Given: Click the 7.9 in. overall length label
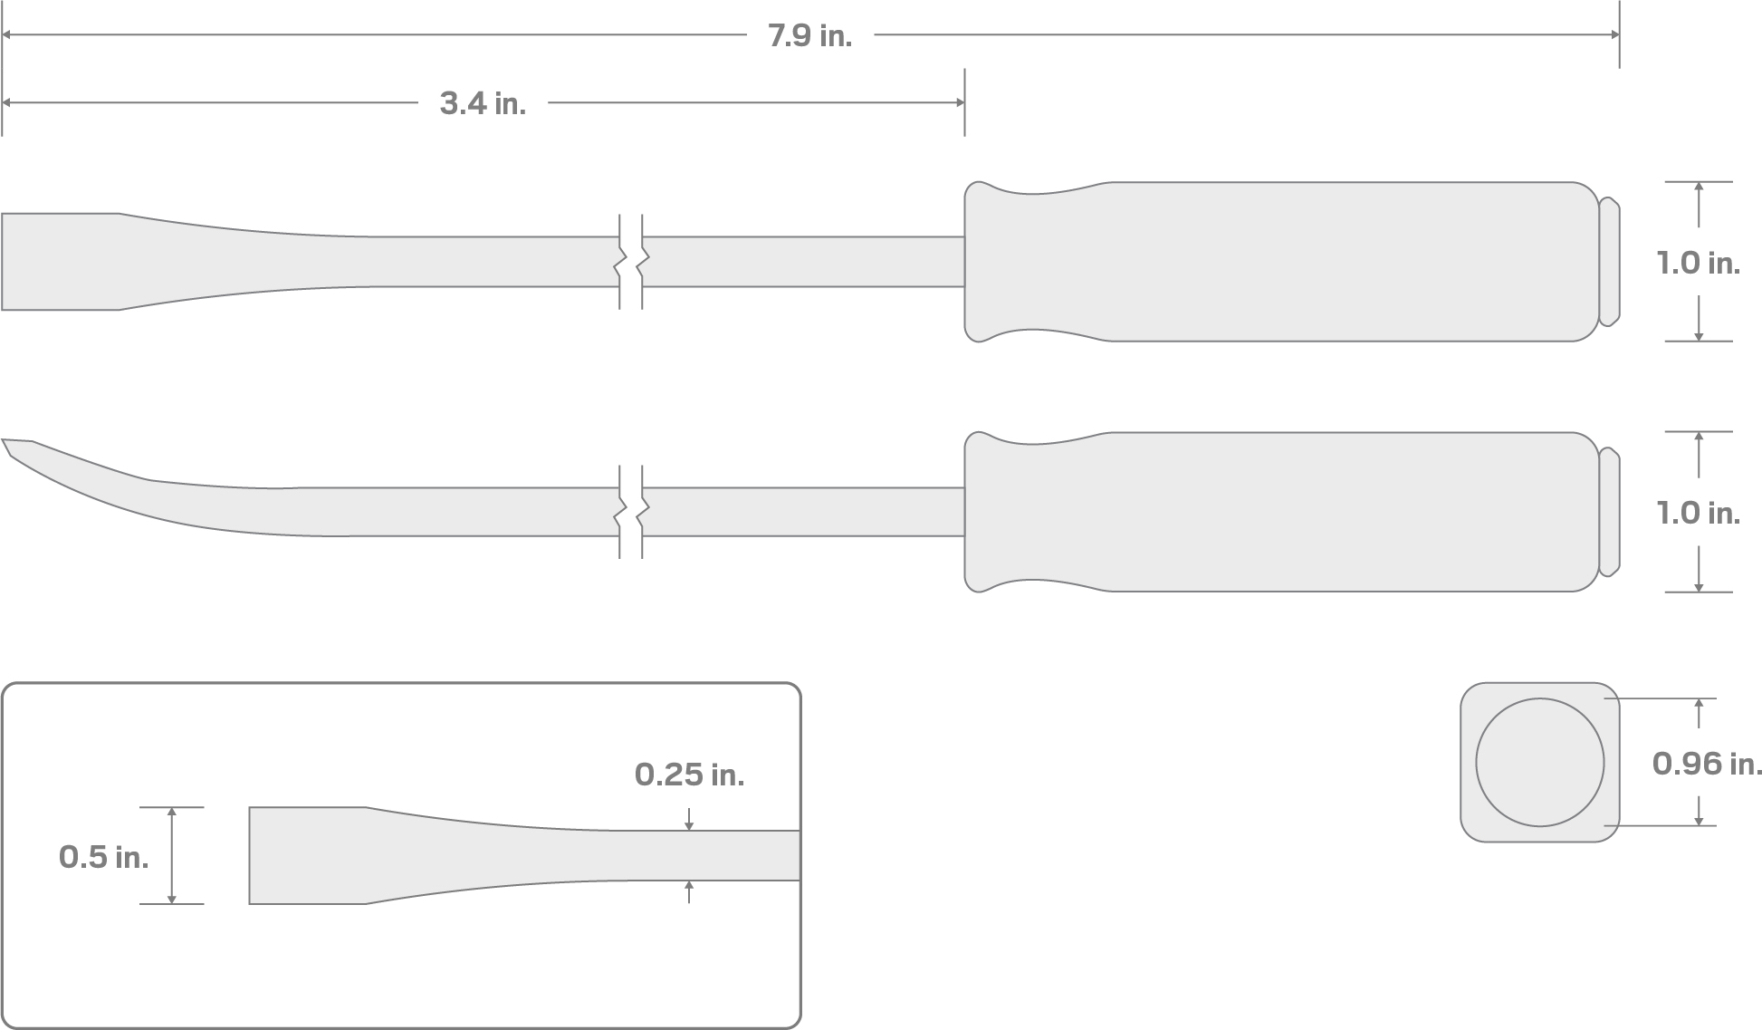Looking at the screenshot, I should point(809,36).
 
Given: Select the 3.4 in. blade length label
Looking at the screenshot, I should point(483,104).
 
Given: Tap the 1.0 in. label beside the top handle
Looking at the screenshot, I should point(1698,264).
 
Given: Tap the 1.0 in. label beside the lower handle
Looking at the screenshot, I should point(1698,514).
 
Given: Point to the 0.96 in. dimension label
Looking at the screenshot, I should point(1707,764).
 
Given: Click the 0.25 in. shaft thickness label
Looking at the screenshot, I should point(689,775).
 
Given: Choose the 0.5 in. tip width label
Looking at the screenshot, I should point(103,857).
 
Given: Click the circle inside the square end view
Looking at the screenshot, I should point(1539,762).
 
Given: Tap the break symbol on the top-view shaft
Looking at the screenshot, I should point(631,262).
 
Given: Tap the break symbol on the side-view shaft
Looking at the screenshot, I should point(631,512).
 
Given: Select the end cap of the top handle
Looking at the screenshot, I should point(1608,262).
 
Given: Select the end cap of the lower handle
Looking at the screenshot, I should point(1608,512).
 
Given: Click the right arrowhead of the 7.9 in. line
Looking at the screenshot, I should point(1614,35).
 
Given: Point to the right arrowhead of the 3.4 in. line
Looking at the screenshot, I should point(960,103).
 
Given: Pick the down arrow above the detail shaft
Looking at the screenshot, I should point(689,824).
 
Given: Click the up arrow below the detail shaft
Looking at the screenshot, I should point(689,886).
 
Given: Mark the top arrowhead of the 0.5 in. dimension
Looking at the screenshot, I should point(172,813).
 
